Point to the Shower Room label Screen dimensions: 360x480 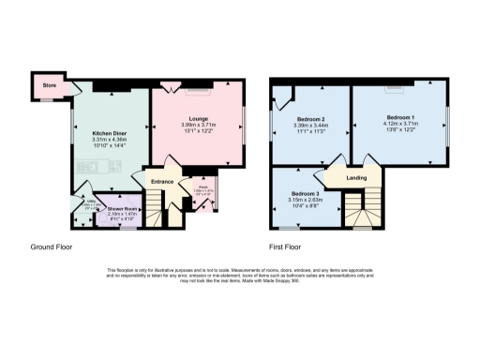click(x=122, y=208)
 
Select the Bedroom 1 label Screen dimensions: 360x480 click(x=399, y=117)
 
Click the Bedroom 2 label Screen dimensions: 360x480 click(x=310, y=120)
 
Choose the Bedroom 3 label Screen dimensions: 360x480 click(x=305, y=193)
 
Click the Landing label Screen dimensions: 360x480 click(x=356, y=178)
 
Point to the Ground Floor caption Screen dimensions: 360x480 click(x=51, y=248)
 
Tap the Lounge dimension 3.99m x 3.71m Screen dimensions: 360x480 click(x=201, y=125)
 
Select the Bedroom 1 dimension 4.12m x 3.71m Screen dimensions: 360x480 click(x=399, y=124)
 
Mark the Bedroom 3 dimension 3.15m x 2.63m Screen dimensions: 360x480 click(x=305, y=200)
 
